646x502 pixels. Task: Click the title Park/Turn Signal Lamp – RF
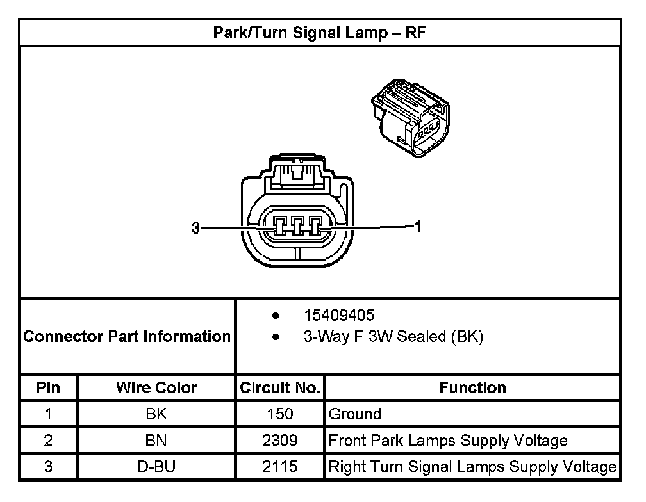319,33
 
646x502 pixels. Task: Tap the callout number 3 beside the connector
196,227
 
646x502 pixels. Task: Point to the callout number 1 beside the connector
418,227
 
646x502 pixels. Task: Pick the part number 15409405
339,316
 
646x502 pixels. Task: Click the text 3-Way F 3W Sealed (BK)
393,337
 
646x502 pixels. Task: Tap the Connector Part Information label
127,336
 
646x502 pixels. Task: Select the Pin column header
48,387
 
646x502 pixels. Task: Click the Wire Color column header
156,387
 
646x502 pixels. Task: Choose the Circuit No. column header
279,387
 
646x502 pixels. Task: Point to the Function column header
472,387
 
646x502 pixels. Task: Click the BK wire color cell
156,414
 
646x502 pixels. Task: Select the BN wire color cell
156,441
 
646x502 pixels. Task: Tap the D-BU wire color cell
156,467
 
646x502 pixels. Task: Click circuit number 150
279,414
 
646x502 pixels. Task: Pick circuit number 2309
279,441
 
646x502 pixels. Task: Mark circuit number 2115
279,467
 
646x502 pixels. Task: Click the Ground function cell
355,414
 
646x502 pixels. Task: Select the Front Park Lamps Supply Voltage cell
448,441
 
